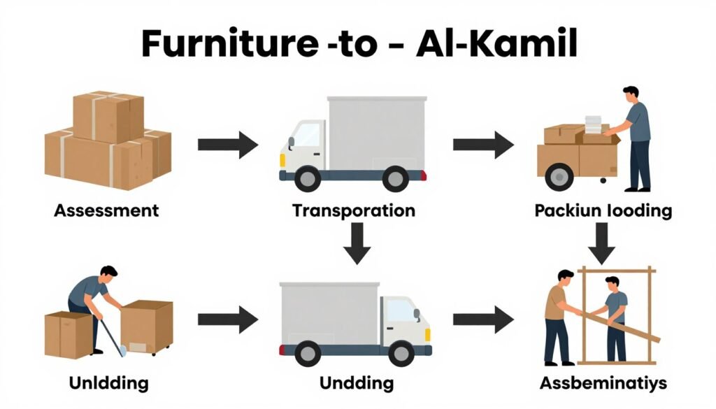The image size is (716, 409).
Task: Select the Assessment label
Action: click(x=106, y=210)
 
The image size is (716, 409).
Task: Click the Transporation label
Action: click(x=354, y=210)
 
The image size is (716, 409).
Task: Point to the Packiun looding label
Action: click(x=602, y=210)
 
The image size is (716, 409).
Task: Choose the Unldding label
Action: click(x=108, y=383)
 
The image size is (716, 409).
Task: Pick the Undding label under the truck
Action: click(x=356, y=383)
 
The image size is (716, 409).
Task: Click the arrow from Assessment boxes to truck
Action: click(x=227, y=145)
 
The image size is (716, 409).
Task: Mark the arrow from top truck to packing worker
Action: click(x=483, y=145)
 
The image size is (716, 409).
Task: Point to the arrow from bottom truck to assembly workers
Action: click(x=483, y=319)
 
